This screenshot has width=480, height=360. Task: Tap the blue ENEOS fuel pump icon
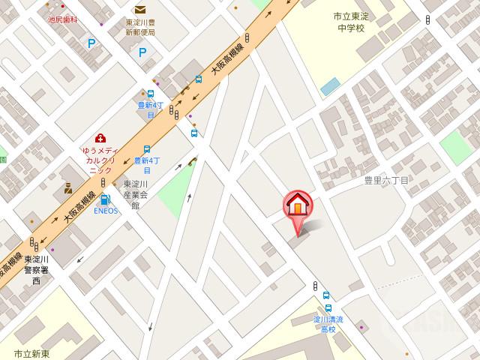click(x=105, y=200)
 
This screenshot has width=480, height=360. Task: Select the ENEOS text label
click(x=105, y=211)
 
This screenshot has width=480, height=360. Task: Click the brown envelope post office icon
click(x=140, y=10)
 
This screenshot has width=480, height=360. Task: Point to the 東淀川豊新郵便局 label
click(x=140, y=28)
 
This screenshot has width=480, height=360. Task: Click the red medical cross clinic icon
click(x=100, y=138)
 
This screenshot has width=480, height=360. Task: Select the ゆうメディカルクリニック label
click(x=100, y=160)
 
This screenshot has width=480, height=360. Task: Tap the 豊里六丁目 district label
click(x=386, y=181)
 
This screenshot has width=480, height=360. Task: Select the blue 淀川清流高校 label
click(x=328, y=325)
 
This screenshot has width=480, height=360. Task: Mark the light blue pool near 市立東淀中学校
click(x=329, y=86)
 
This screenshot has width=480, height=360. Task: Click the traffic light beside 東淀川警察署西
click(x=34, y=243)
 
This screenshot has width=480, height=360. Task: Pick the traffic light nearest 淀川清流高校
click(x=315, y=286)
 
